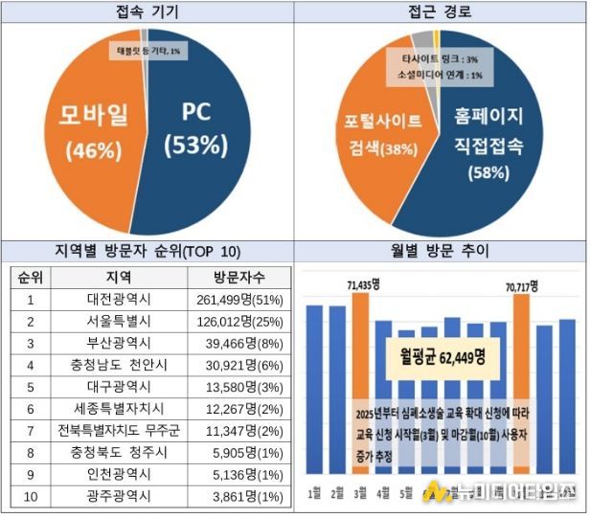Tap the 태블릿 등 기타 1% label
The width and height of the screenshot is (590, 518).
pos(147,50)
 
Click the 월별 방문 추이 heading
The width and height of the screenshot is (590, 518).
pos(440,252)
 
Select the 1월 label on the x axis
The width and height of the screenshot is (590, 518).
pos(313,493)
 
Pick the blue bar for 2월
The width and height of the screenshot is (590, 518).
pos(336,393)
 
